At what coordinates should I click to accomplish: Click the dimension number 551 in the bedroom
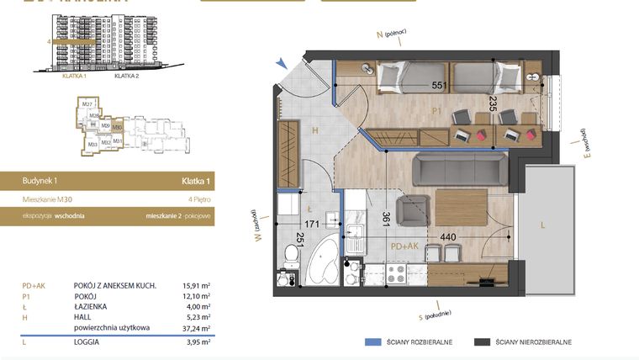[x=438, y=86]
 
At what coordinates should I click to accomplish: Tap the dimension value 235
[x=493, y=103]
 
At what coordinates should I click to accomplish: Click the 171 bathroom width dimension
[x=313, y=224]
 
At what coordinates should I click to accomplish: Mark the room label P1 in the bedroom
[x=437, y=110]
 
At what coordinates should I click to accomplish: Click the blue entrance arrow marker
[x=284, y=62]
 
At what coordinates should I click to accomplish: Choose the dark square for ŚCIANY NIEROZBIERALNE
[x=482, y=342]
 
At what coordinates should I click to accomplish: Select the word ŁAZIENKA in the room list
[x=96, y=307]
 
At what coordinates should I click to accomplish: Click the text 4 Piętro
[x=198, y=199]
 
